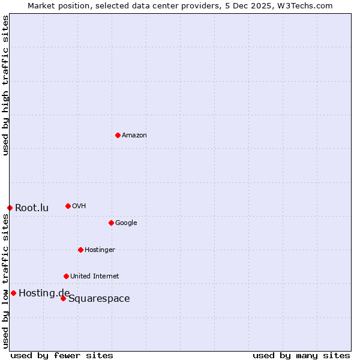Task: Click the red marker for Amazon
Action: [x=118, y=135]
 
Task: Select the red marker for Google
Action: [x=111, y=223]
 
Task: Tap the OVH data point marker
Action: [x=68, y=206]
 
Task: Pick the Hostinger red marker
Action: [x=80, y=250]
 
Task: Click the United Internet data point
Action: [x=66, y=276]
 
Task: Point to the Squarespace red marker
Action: [x=63, y=298]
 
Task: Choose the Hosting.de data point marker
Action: [x=13, y=293]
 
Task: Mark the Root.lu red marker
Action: [x=10, y=208]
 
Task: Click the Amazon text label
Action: [x=134, y=136]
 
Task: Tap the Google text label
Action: [x=126, y=223]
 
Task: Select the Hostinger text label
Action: [x=100, y=250]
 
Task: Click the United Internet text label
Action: [x=94, y=277]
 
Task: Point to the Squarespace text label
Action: [x=99, y=299]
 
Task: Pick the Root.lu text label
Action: [x=32, y=208]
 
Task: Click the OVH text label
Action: [x=79, y=206]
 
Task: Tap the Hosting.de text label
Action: [x=44, y=293]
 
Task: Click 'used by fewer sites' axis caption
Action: [x=62, y=356]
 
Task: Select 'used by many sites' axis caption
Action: [x=301, y=356]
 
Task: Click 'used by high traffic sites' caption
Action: [x=5, y=86]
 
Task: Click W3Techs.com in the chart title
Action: [x=306, y=5]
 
